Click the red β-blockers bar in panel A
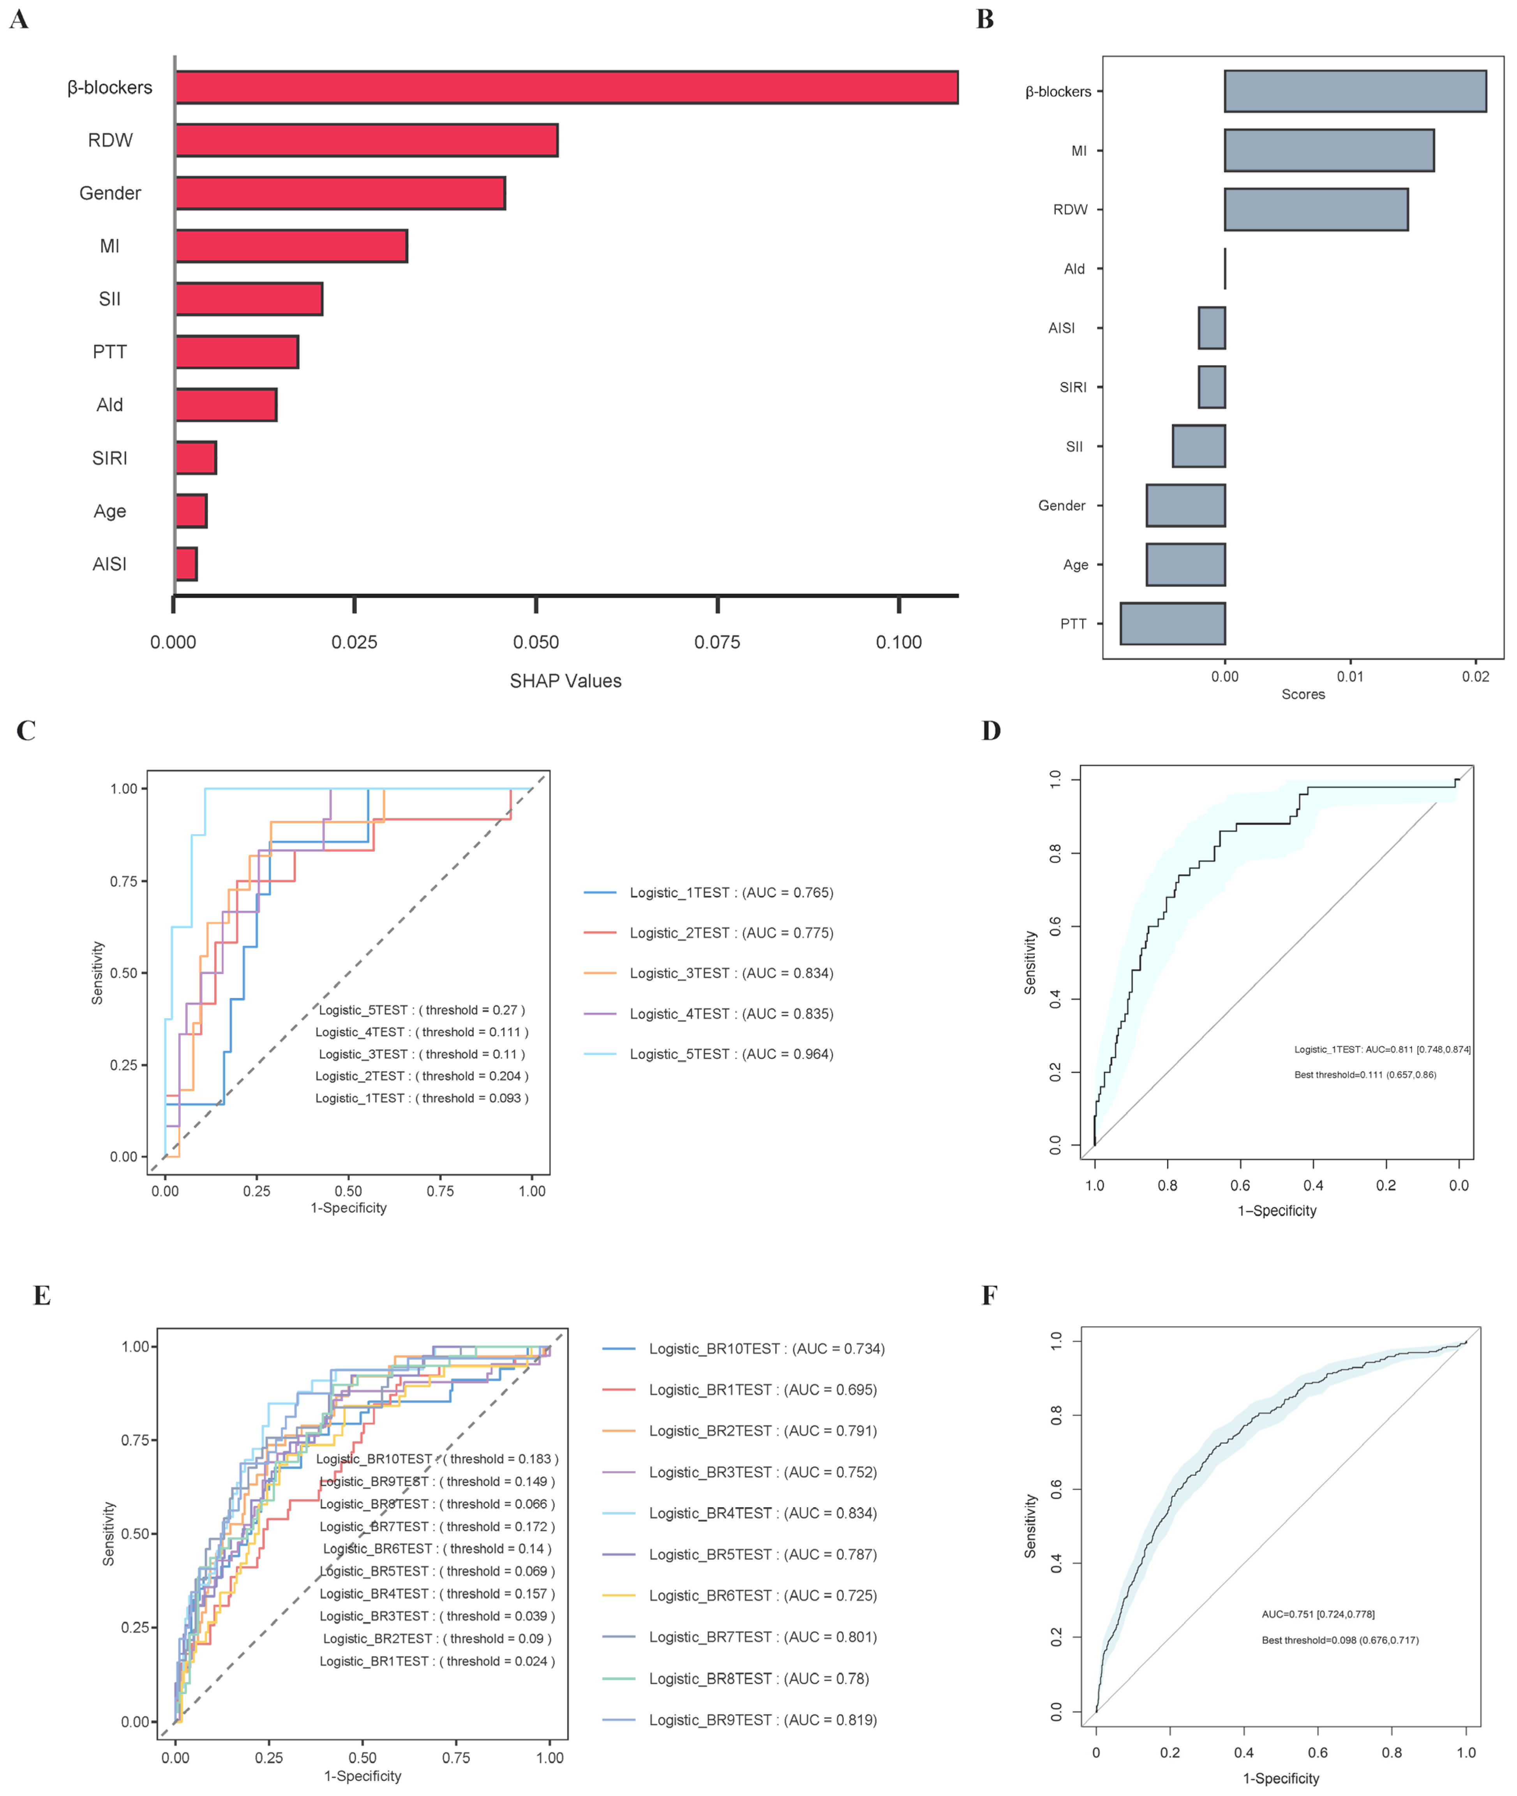[x=566, y=88]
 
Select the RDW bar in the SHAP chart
[x=366, y=140]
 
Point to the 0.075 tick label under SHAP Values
[x=717, y=643]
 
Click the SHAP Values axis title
[x=565, y=681]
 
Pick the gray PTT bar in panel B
[x=1172, y=623]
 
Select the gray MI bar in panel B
[x=1329, y=150]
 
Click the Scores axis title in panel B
[x=1303, y=694]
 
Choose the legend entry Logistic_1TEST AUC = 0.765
[x=731, y=893]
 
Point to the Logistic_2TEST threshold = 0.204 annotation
[x=422, y=1076]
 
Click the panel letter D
[x=991, y=731]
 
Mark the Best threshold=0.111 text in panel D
[x=1365, y=1075]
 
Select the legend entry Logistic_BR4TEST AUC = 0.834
[x=762, y=1513]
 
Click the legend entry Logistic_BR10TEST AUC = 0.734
[x=766, y=1349]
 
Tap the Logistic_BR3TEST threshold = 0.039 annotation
[x=437, y=1616]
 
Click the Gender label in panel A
[x=110, y=194]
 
